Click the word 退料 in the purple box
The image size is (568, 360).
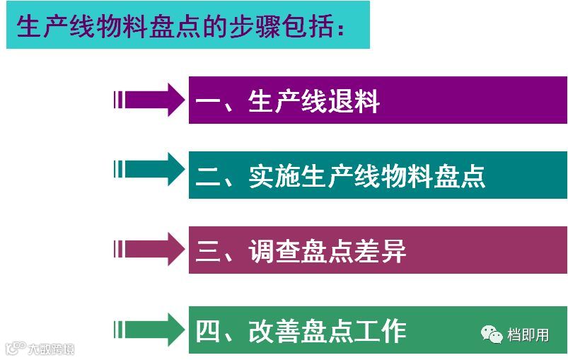coord(354,102)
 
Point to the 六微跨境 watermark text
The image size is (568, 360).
coord(50,348)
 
